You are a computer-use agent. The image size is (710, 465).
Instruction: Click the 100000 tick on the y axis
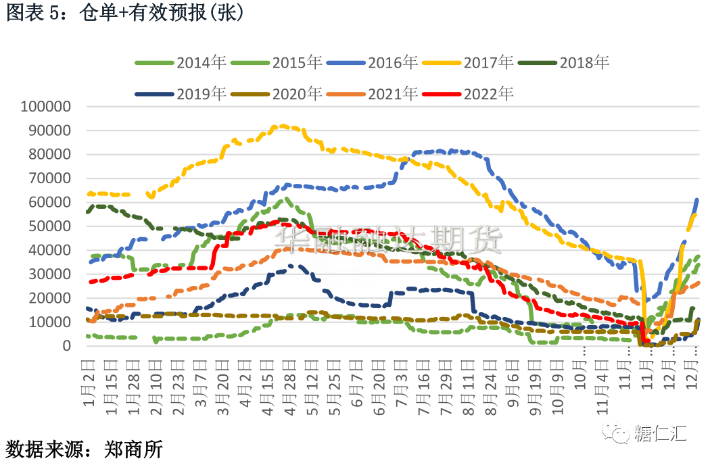click(46, 106)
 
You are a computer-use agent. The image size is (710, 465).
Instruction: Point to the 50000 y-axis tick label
click(50, 226)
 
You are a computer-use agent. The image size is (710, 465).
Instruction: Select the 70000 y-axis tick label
click(50, 178)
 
